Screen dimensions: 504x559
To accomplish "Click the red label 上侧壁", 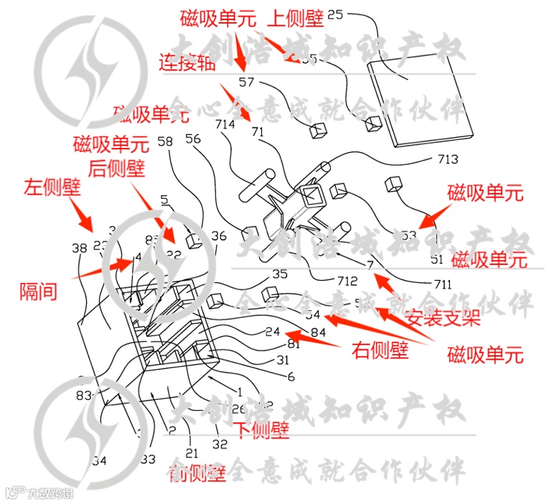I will pyautogui.click(x=296, y=18).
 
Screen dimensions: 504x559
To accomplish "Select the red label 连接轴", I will pyautogui.click(x=187, y=63).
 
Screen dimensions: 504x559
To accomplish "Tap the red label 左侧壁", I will pyautogui.click(x=52, y=188).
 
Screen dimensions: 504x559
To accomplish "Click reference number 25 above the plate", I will pyautogui.click(x=336, y=14).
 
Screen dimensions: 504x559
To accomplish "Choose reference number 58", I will pyautogui.click(x=165, y=142).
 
